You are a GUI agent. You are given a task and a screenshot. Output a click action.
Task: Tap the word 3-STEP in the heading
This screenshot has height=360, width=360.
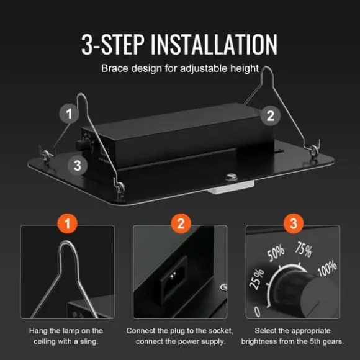pyautogui.click(x=113, y=44)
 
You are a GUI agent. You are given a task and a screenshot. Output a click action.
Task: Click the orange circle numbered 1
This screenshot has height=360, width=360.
pyautogui.click(x=67, y=223)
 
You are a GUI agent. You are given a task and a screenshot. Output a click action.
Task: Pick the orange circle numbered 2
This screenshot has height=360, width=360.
pyautogui.click(x=181, y=223)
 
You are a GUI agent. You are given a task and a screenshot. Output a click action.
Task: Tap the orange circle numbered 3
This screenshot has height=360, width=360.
pyautogui.click(x=294, y=223)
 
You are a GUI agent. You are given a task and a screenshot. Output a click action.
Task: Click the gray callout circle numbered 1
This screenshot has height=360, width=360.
pyautogui.click(x=69, y=114)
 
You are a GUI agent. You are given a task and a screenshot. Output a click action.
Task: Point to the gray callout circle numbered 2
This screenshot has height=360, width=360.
pyautogui.click(x=271, y=115)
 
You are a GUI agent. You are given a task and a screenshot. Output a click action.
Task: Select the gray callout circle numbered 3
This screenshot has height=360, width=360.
pyautogui.click(x=78, y=165)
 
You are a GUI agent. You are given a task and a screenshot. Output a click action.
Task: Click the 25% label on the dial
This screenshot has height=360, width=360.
pyautogui.click(x=257, y=279)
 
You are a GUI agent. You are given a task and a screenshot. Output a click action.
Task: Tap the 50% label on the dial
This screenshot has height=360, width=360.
pyautogui.click(x=276, y=254)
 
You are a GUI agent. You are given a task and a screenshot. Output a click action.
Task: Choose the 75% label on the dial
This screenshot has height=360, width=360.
pyautogui.click(x=304, y=250)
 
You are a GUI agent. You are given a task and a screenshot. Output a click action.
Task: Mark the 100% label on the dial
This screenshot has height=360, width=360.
pyautogui.click(x=327, y=268)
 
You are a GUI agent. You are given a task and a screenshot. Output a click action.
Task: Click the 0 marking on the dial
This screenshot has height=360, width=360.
pyautogui.click(x=258, y=312)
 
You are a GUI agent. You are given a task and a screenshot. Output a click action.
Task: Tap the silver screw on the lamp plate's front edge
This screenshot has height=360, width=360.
pyautogui.click(x=232, y=177)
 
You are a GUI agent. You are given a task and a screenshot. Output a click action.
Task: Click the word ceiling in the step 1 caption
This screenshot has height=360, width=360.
pyautogui.click(x=43, y=341)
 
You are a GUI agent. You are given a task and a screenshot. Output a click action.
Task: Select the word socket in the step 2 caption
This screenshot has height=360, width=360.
pyautogui.click(x=220, y=331)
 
